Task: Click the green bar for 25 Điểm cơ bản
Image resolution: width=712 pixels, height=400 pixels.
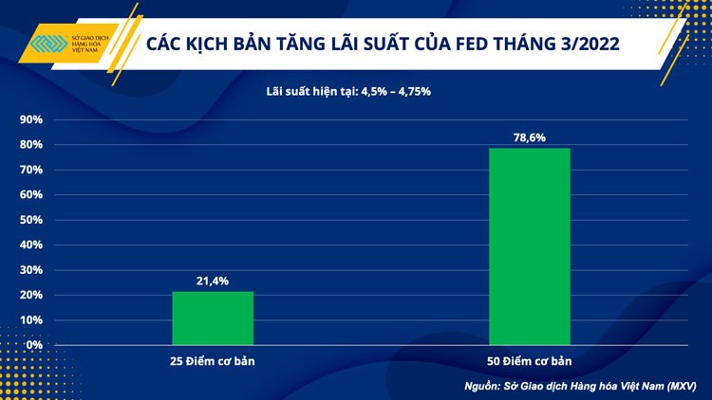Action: pyautogui.click(x=213, y=318)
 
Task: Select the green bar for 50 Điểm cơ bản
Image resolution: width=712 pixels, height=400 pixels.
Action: pyautogui.click(x=529, y=246)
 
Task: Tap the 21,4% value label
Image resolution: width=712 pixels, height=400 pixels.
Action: pyautogui.click(x=213, y=281)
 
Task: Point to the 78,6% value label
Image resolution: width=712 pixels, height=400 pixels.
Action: pyautogui.click(x=530, y=137)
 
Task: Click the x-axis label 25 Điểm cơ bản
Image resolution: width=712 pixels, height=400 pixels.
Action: pyautogui.click(x=213, y=362)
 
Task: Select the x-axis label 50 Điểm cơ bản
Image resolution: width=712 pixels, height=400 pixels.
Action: pyautogui.click(x=529, y=362)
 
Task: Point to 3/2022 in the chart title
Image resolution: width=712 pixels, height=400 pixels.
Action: pyautogui.click(x=589, y=45)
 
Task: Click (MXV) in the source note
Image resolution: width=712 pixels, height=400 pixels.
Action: pyautogui.click(x=681, y=386)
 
